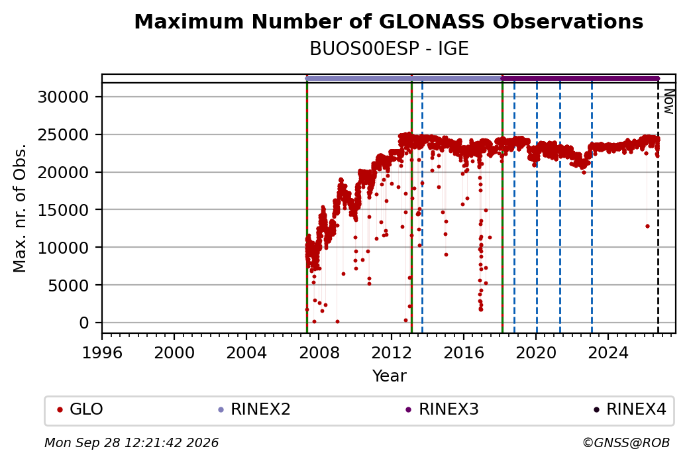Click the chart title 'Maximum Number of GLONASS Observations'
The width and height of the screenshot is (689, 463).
point(388,21)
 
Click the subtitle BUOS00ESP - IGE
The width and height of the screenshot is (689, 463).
point(389,49)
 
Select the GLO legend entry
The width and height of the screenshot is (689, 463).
point(80,409)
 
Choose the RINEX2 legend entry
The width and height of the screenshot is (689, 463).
point(254,409)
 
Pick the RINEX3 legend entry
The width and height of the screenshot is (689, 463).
point(442,409)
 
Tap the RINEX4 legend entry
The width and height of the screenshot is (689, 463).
point(630,409)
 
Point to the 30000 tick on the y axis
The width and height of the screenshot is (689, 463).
point(64,97)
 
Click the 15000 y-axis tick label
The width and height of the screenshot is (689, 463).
point(64,210)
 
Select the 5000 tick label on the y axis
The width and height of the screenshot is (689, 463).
point(68,285)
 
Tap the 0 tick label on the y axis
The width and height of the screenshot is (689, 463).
point(84,323)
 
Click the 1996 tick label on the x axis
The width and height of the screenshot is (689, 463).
point(102,353)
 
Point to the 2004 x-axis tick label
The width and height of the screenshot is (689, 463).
point(246,353)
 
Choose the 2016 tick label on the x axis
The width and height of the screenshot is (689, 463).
point(464,353)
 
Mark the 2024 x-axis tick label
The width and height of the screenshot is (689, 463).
point(608,353)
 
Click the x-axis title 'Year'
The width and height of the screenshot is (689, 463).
point(390,376)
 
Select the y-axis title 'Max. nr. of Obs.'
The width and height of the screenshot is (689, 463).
point(20,208)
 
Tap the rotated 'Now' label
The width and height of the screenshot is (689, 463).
point(668,101)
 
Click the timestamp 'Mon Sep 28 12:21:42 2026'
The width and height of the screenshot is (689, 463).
point(132,442)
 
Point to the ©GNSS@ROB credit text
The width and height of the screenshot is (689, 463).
point(626,442)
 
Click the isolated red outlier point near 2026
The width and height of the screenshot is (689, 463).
point(647,227)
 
